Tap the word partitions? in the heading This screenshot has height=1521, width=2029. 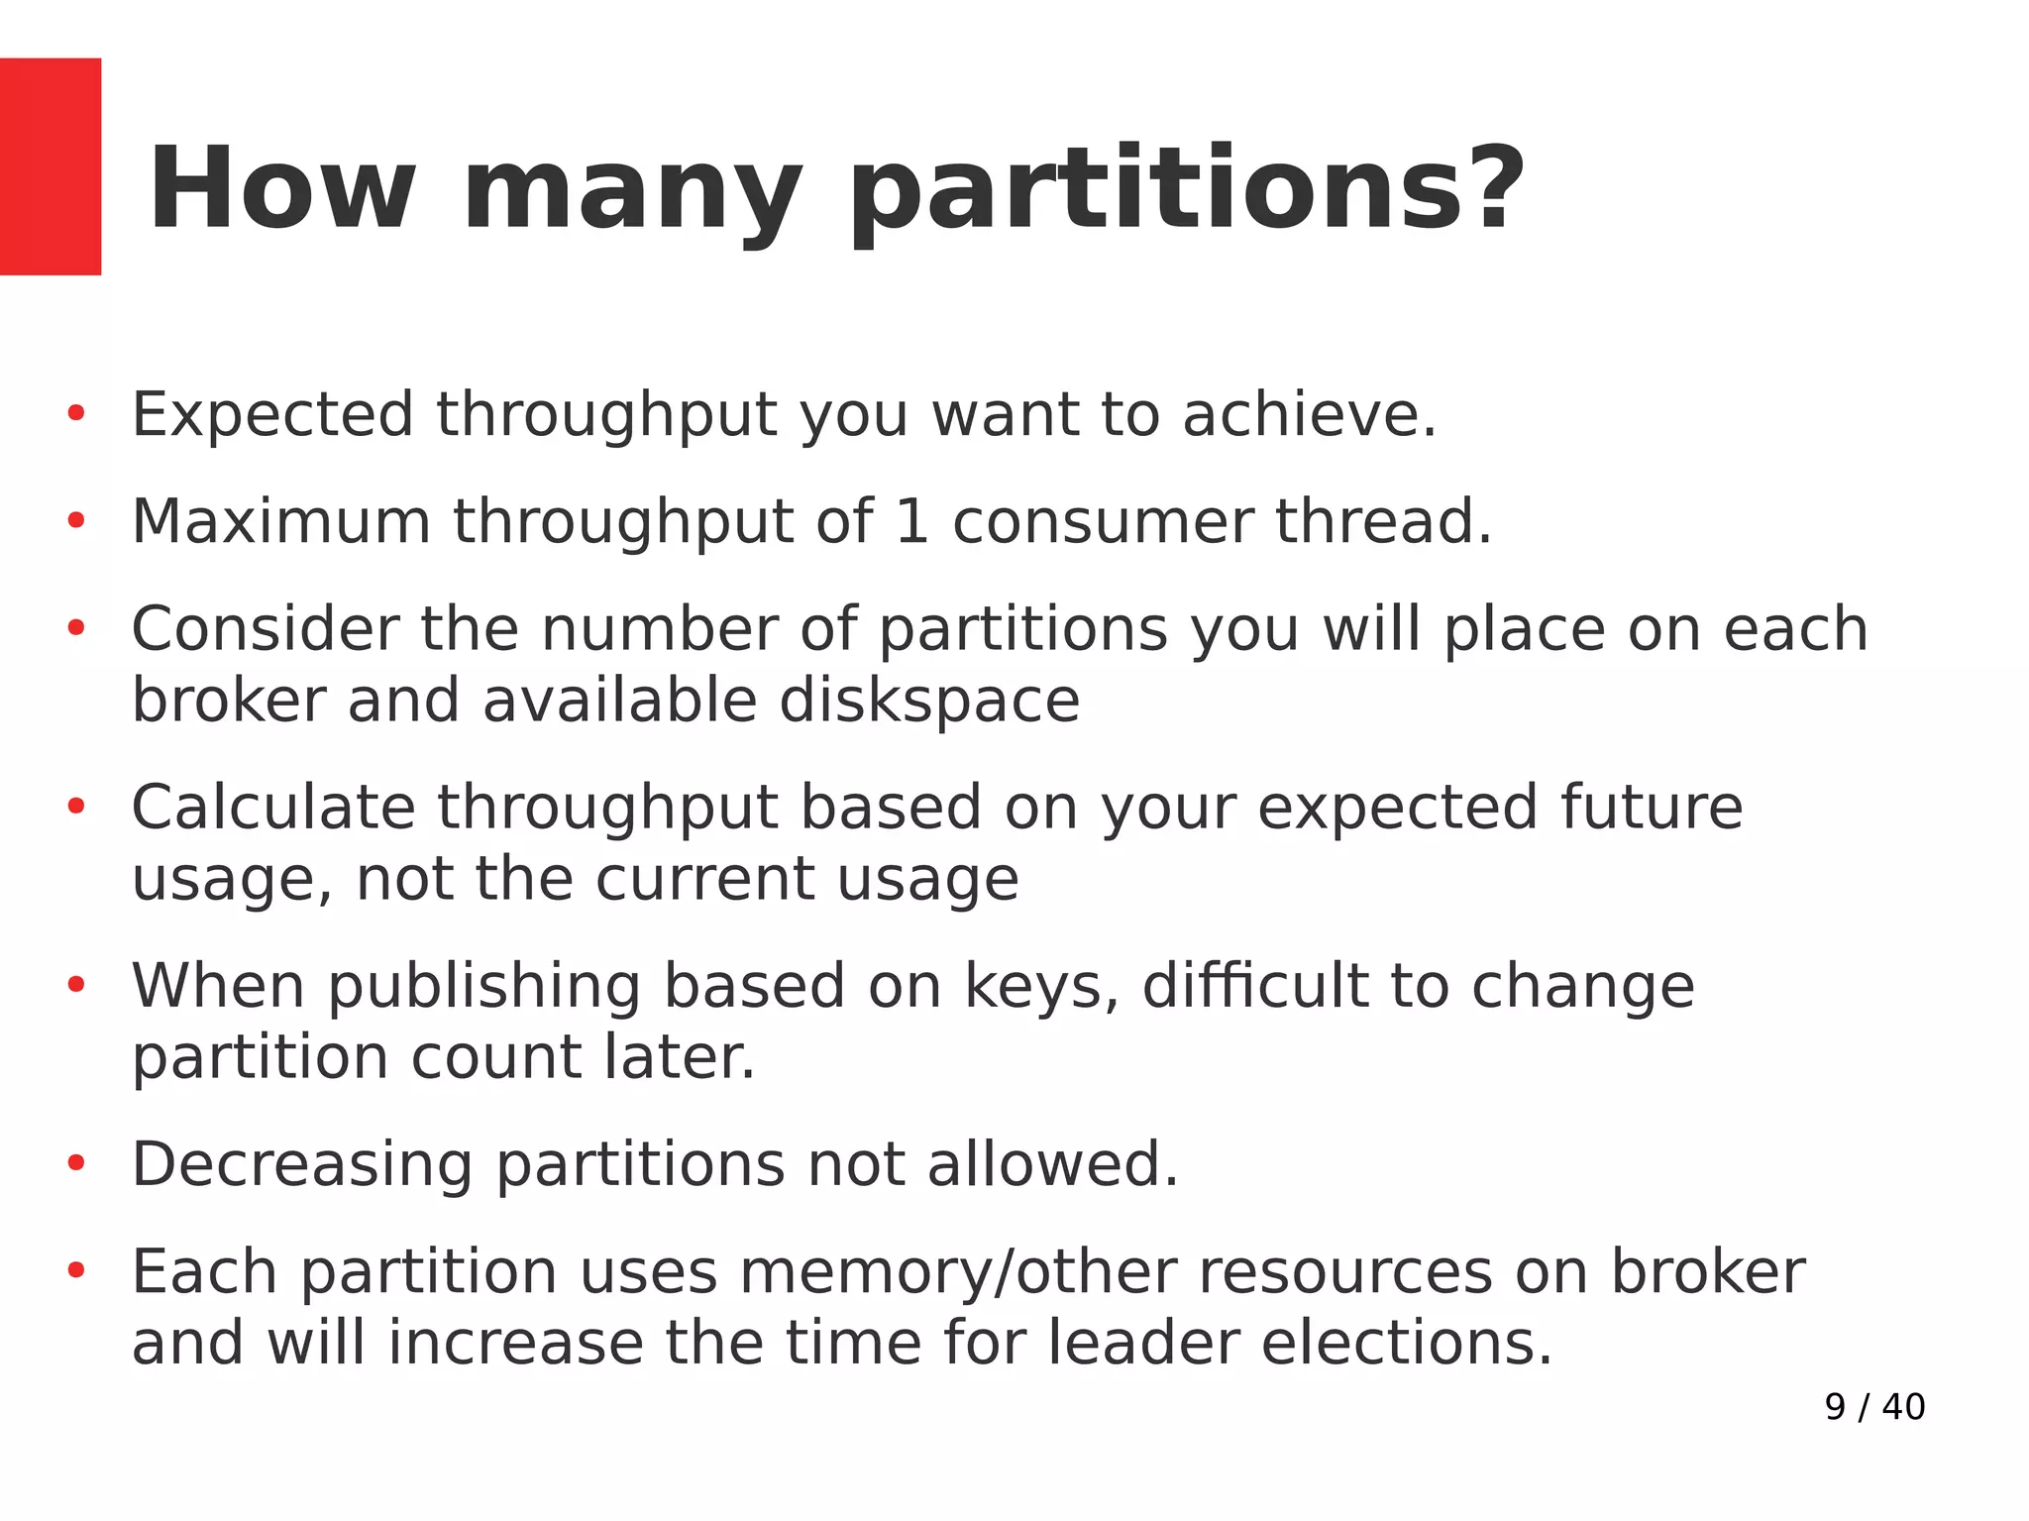click(x=1186, y=190)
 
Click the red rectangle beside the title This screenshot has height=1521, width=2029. click(x=50, y=166)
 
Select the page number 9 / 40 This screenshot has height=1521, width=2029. click(x=1873, y=1407)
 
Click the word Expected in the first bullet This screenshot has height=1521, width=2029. click(x=272, y=414)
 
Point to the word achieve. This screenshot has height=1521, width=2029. click(x=1309, y=414)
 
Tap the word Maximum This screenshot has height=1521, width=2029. click(x=280, y=521)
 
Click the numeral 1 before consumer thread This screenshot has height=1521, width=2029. click(x=910, y=521)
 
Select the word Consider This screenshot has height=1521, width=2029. click(x=263, y=629)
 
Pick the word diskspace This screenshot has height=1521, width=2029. click(x=928, y=702)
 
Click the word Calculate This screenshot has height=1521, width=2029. click(x=272, y=808)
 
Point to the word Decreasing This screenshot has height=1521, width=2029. click(x=302, y=1164)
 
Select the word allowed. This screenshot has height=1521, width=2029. click(x=1052, y=1164)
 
